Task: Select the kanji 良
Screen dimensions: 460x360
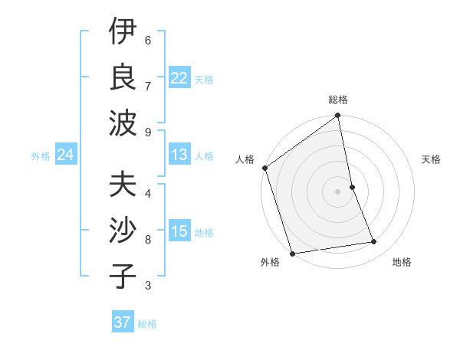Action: pos(123,77)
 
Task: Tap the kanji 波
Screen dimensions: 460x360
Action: pos(123,123)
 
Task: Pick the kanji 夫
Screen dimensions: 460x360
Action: pos(123,185)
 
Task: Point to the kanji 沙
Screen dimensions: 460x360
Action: pos(123,231)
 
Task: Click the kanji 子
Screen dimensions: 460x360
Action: pos(123,277)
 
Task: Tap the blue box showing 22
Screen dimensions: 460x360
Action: pos(179,78)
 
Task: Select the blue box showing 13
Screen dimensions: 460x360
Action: pos(179,155)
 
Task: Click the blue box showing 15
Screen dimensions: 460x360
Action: pos(179,231)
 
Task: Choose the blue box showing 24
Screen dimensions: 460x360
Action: pos(65,155)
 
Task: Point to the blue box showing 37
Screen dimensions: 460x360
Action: pos(122,322)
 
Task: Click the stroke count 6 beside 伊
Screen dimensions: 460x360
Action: pos(148,40)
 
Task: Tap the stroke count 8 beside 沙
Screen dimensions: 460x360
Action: pos(148,240)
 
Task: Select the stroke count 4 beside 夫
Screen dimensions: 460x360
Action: pos(148,193)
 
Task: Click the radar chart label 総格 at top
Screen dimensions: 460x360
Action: pos(338,100)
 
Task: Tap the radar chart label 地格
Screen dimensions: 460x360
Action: pos(402,263)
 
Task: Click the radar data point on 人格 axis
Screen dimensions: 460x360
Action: pos(264,168)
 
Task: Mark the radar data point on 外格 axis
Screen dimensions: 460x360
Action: pos(292,254)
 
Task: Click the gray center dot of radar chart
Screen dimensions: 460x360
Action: pos(337,191)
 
